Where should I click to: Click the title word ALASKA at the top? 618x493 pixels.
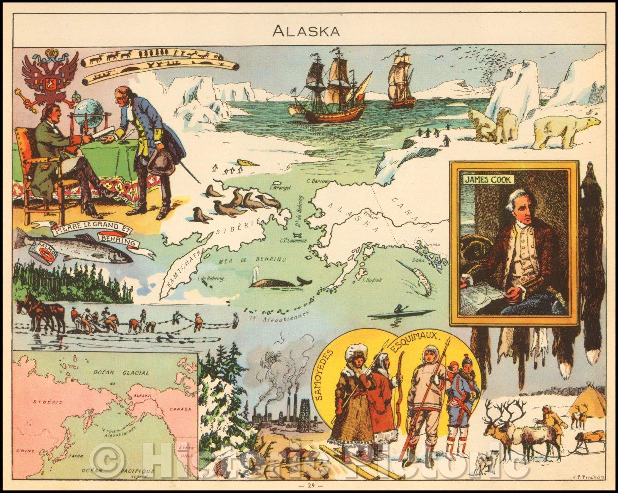[306, 31]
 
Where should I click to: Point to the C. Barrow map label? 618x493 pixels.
[317, 181]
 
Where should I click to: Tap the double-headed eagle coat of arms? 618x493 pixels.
[46, 78]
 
